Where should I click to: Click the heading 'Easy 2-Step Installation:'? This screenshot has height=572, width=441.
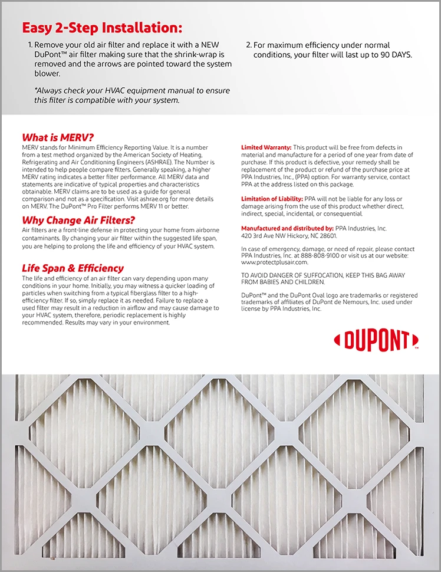pos(102,28)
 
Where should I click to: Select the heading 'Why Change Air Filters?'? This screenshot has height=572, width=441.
pos(78,220)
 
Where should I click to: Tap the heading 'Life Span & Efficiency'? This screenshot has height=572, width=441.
pos(73,268)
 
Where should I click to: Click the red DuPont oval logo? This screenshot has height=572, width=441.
pos(376,340)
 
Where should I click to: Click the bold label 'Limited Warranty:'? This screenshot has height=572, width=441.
pos(266,147)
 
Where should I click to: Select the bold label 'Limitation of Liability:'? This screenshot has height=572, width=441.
pos(272,199)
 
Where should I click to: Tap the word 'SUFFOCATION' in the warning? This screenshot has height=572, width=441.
pos(328,275)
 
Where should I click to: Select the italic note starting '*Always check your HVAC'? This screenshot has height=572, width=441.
pos(132,96)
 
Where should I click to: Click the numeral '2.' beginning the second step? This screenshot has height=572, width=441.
pos(248,45)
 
